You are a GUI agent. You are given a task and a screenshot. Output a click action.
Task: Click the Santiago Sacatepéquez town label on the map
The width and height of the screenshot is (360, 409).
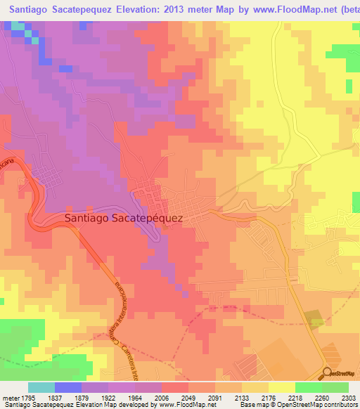(123, 218)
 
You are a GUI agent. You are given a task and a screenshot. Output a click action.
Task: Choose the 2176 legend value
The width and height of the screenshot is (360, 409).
(268, 398)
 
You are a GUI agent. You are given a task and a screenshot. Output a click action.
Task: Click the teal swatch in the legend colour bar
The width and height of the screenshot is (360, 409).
(41, 387)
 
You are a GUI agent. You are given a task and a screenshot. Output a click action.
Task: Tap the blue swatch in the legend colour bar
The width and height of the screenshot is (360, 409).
(67, 387)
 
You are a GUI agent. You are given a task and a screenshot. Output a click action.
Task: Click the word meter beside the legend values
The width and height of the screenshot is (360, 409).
(9, 398)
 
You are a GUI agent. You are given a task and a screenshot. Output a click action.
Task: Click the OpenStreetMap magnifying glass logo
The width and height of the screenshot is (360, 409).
(327, 372)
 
